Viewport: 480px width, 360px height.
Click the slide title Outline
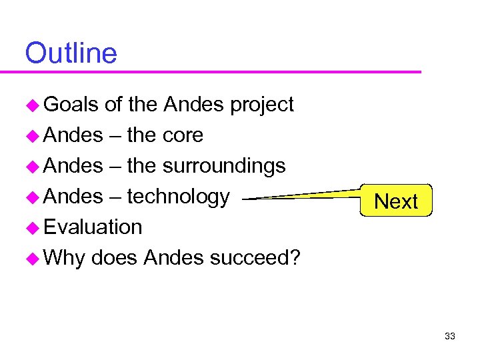[71, 53]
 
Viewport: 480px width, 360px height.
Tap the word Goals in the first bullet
[71, 105]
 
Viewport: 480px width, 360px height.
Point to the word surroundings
[224, 166]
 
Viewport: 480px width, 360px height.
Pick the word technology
[178, 197]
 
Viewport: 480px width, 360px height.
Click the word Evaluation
[93, 227]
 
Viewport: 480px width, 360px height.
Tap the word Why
[64, 258]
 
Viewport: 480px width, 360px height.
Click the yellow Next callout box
[396, 201]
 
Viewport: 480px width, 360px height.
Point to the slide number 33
[449, 336]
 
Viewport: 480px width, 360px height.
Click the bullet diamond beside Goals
[32, 105]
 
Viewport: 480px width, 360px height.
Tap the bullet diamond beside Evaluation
[32, 228]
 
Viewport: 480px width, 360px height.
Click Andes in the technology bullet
[73, 197]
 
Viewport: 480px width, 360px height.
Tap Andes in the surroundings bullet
[73, 166]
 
